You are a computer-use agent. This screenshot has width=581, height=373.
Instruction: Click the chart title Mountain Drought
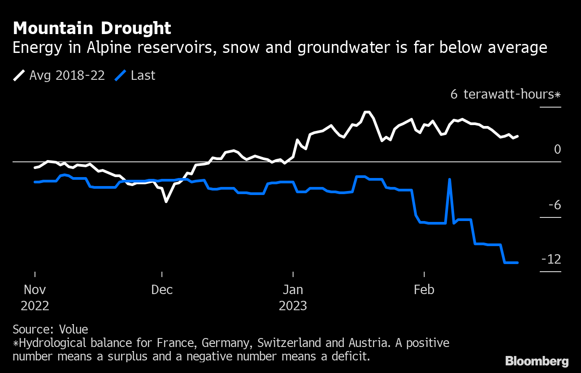pos(92,28)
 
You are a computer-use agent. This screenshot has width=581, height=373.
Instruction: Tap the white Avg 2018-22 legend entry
pos(59,75)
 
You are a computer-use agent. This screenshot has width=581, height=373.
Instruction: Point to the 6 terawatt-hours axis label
pos(505,95)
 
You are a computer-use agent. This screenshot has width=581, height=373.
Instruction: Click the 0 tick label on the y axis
pos(557,149)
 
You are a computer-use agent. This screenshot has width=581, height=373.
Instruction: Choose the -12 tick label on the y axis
pos(551,260)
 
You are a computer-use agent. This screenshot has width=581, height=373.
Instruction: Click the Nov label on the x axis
pos(35,290)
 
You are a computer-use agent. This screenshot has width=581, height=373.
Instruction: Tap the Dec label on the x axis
pos(162,290)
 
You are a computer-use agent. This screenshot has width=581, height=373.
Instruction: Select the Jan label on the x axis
pos(293,290)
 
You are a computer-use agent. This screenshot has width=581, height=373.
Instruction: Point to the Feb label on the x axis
pos(424,290)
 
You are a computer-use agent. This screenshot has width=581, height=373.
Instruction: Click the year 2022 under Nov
pos(35,306)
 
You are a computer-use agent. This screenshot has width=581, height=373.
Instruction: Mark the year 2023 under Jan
pos(293,306)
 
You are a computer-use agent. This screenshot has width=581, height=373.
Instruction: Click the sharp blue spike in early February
pos(449,179)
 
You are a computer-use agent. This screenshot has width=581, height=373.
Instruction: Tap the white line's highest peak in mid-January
pos(367,112)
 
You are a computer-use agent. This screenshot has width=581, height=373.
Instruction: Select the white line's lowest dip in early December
pos(166,202)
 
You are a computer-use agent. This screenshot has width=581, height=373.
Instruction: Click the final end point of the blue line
pos(517,263)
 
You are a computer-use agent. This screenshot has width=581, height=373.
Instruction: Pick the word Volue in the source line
pos(74,329)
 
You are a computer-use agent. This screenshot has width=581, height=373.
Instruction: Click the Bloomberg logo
pos(537,361)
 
